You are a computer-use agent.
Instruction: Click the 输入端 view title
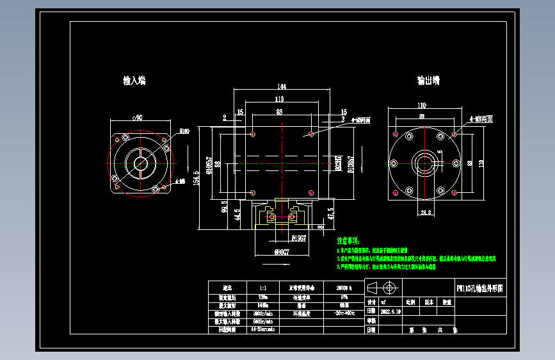(x=134, y=81)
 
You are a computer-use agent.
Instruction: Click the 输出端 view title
(x=428, y=81)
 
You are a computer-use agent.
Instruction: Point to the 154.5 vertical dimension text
(x=197, y=177)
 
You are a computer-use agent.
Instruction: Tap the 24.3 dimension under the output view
(x=426, y=211)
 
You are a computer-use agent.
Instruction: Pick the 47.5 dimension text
(x=330, y=213)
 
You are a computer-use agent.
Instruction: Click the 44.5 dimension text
(x=237, y=214)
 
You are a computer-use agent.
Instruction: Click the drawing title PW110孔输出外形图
(x=479, y=288)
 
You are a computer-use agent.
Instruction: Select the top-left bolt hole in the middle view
(x=253, y=135)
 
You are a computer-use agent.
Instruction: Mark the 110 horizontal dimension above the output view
(x=422, y=105)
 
